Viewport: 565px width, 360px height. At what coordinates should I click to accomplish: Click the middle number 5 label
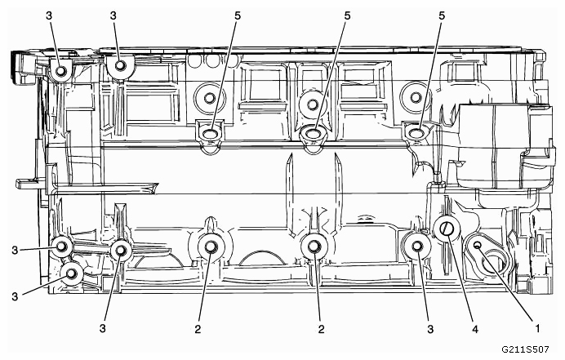(346, 16)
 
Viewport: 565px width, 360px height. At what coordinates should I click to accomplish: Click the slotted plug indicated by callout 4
(446, 231)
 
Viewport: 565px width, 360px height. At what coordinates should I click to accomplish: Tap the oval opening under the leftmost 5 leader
(210, 131)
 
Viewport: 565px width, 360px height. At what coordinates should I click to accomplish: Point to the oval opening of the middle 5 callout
(313, 132)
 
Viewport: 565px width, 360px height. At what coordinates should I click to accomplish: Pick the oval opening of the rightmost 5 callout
(416, 131)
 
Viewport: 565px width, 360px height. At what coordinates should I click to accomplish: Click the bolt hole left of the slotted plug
(417, 245)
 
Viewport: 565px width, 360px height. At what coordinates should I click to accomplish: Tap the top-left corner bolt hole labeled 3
(60, 72)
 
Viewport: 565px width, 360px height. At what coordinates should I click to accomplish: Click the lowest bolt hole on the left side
(72, 274)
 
